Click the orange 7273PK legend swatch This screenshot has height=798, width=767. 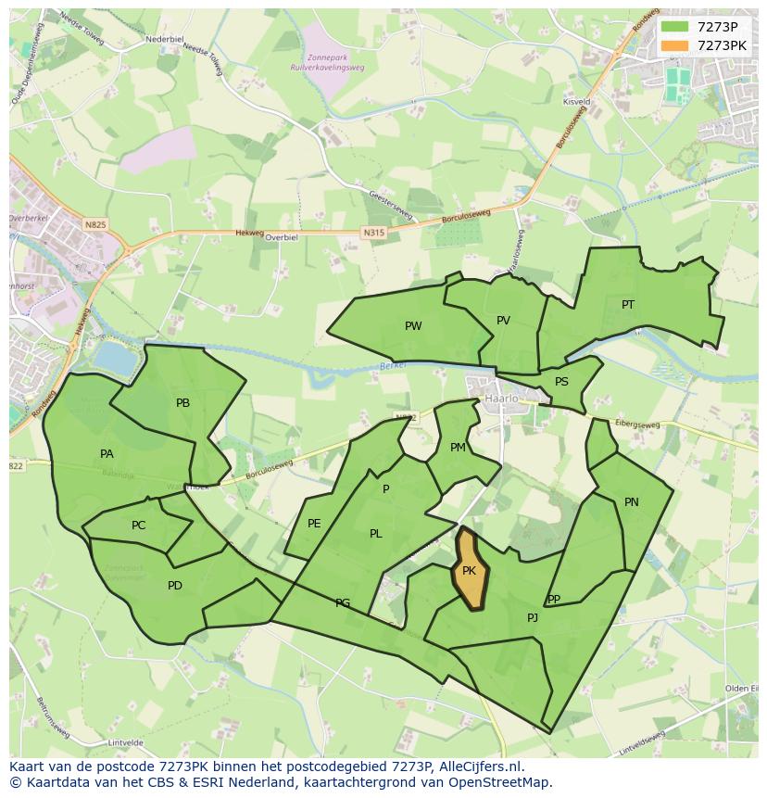point(674,45)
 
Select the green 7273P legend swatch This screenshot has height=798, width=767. point(674,27)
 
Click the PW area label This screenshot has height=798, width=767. point(413,326)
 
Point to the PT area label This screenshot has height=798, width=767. point(628,305)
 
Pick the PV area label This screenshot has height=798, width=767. point(503,321)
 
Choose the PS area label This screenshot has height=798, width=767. point(561,382)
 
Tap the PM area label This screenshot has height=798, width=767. point(458,448)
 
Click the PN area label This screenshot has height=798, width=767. point(631,502)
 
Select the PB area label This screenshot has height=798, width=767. point(182,403)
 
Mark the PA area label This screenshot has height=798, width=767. point(107,454)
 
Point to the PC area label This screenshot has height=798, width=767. point(138,526)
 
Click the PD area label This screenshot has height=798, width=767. point(175,586)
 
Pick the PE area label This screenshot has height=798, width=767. point(314,524)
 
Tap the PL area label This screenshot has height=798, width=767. point(375,534)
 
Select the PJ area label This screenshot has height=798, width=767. point(533,618)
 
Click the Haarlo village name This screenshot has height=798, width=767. point(501,399)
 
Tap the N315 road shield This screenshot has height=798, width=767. point(372,233)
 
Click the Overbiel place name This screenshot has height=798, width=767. point(281,237)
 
